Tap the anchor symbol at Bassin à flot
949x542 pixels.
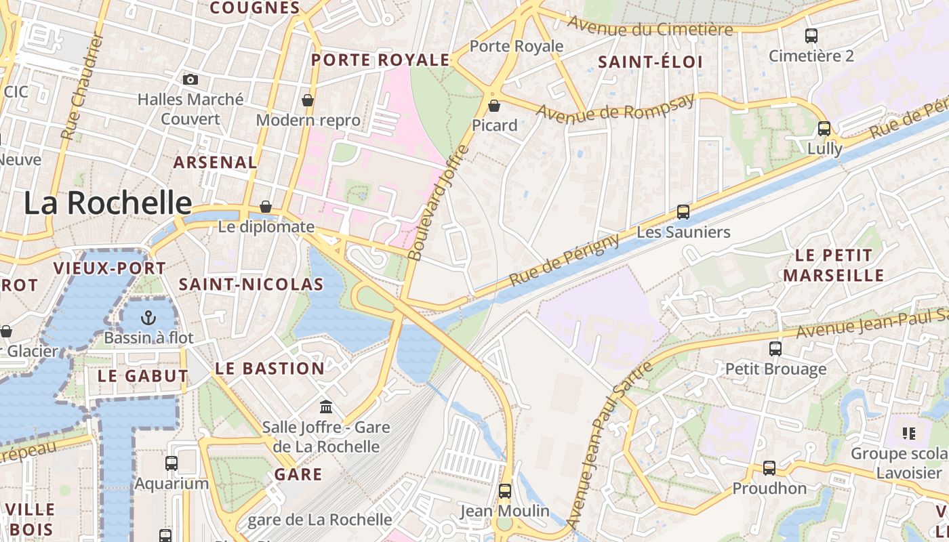(x=148, y=317)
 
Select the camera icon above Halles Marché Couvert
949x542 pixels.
(x=190, y=79)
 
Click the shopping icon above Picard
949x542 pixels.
(x=494, y=106)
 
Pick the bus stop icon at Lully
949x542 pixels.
(x=824, y=128)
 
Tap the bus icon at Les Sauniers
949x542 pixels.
(x=683, y=212)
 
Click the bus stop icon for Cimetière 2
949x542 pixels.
(x=811, y=36)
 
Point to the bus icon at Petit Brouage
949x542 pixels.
(x=775, y=349)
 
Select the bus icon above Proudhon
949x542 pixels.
(x=769, y=468)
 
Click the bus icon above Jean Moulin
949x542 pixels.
(x=505, y=491)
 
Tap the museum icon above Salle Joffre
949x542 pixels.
(x=326, y=407)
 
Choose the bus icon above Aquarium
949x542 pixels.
(x=171, y=463)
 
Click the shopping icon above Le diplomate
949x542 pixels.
(x=266, y=207)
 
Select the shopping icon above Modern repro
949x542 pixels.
(x=308, y=100)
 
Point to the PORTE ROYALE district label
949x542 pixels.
(x=380, y=60)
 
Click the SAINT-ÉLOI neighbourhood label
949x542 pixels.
(x=650, y=62)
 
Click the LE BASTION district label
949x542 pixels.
(x=270, y=369)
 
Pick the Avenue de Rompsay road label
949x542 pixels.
(x=615, y=108)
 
